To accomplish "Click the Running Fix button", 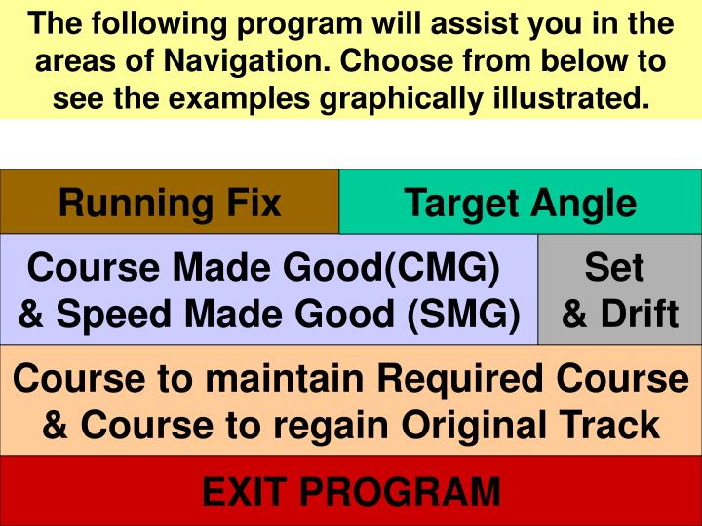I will (169, 203).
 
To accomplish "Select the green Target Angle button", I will (520, 203).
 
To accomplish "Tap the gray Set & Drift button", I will (620, 289).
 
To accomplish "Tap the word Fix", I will (253, 203).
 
